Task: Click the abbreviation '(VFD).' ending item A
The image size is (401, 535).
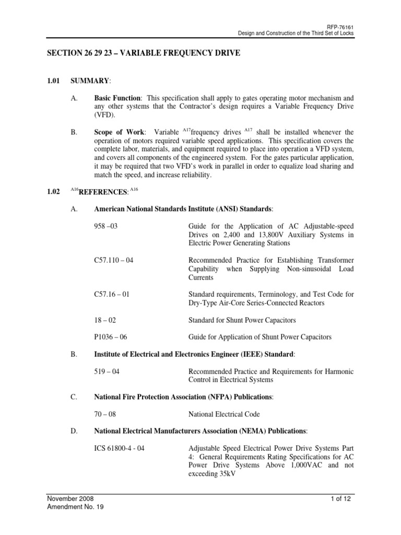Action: [104, 115]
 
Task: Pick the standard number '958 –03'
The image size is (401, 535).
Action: [109, 226]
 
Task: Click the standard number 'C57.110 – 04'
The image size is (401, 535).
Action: [114, 260]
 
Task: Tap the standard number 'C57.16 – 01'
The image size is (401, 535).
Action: [112, 294]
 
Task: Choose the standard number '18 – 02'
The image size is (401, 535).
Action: [106, 320]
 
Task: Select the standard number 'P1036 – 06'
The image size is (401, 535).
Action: [112, 337]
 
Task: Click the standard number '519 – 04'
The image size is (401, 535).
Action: [108, 371]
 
